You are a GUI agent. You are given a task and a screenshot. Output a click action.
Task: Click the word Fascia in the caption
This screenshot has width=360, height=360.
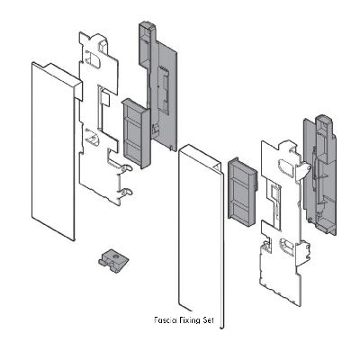click(164, 319)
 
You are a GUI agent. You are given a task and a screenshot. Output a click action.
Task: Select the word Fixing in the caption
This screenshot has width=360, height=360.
click(187, 320)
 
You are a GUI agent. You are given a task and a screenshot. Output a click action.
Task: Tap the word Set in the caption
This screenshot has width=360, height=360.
click(207, 320)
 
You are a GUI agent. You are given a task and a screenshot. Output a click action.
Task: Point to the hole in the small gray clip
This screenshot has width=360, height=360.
click(116, 256)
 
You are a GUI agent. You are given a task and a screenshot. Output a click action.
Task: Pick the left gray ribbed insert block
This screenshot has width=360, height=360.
click(136, 133)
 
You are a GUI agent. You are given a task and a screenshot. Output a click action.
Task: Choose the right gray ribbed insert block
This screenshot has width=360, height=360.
click(242, 192)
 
